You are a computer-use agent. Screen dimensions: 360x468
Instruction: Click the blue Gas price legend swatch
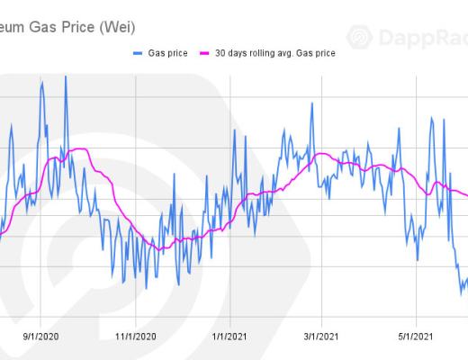pos(139,54)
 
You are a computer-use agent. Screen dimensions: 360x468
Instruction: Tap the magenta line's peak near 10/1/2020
pos(79,148)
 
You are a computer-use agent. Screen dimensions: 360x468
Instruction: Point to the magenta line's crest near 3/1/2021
pos(317,154)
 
